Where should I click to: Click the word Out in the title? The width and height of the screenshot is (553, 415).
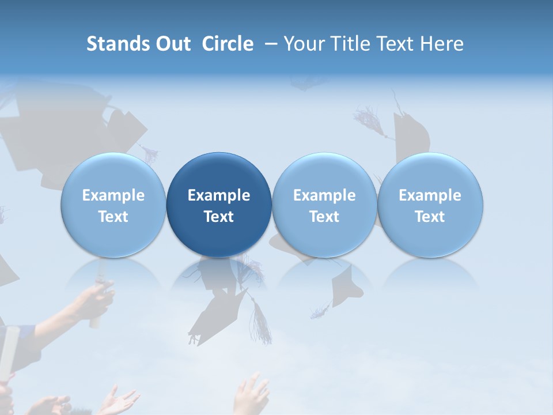click(x=171, y=44)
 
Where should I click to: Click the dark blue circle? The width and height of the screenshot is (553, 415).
click(x=219, y=205)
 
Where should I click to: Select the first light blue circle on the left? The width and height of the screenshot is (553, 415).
click(x=113, y=205)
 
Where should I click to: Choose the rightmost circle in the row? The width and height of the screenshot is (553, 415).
click(x=430, y=205)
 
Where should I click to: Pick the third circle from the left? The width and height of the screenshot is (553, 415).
click(x=324, y=205)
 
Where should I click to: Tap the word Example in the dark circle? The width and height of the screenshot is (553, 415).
click(x=219, y=195)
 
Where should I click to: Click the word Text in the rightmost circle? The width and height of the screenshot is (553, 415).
click(x=430, y=217)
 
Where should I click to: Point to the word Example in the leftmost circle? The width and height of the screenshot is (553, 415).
click(x=113, y=195)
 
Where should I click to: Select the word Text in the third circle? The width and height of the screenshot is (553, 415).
click(x=324, y=217)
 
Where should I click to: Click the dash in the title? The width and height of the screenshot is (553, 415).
click(x=269, y=44)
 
